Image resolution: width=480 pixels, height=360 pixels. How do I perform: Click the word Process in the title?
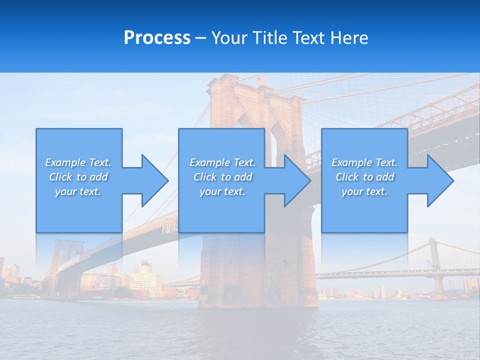[x=157, y=38]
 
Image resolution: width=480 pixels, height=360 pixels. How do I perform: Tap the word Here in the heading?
[x=350, y=38]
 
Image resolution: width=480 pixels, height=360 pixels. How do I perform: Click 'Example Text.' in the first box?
[x=78, y=162]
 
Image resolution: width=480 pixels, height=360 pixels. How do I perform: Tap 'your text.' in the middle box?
[x=222, y=191]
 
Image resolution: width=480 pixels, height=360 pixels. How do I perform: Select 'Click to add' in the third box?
[x=364, y=177]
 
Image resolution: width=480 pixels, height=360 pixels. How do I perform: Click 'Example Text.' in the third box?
[x=364, y=162]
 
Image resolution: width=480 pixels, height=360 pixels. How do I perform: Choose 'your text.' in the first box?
[x=78, y=191]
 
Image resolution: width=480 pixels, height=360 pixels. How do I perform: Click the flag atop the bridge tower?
[x=261, y=80]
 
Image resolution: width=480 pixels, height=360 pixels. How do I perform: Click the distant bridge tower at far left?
[x=63, y=260]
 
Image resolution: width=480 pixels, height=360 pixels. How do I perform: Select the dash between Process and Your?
[x=201, y=38]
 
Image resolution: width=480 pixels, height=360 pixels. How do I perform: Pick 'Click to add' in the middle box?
[x=222, y=177]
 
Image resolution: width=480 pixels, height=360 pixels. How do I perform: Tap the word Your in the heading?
[x=230, y=38]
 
